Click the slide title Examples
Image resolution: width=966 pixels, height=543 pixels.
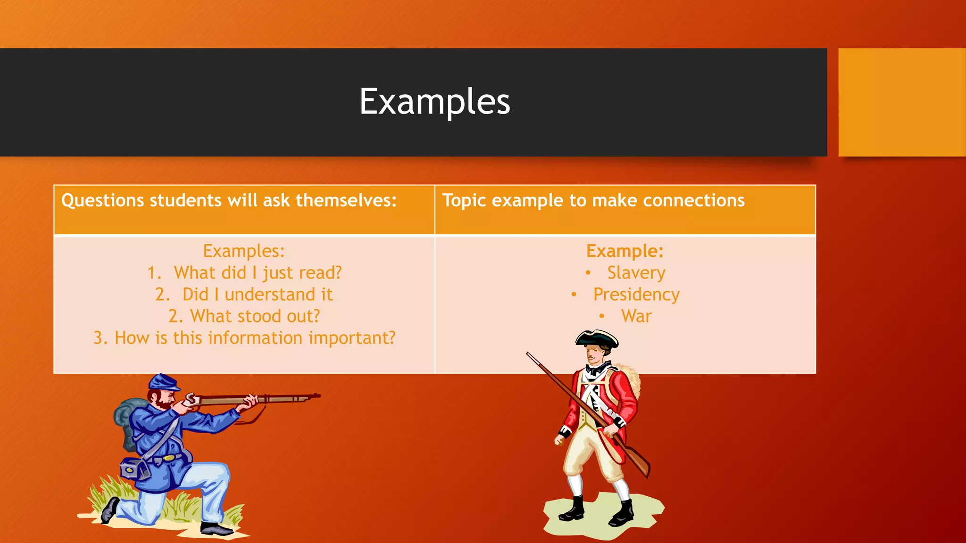click(434, 101)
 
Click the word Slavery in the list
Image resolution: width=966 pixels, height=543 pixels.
click(636, 273)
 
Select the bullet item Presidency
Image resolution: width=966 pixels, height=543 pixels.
click(636, 295)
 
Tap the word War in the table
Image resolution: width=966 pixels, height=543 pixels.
click(636, 316)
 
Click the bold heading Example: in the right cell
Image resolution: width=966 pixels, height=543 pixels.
click(625, 251)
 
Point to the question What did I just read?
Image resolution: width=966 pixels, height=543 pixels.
click(257, 273)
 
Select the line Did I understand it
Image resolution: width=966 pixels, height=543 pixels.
click(257, 295)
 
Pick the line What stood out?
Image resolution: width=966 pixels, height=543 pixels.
click(255, 316)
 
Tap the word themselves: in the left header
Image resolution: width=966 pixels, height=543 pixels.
click(346, 200)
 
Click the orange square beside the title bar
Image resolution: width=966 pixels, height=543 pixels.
click(901, 102)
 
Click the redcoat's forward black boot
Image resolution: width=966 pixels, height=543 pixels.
click(573, 510)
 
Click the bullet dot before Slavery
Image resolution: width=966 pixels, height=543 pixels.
click(588, 272)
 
